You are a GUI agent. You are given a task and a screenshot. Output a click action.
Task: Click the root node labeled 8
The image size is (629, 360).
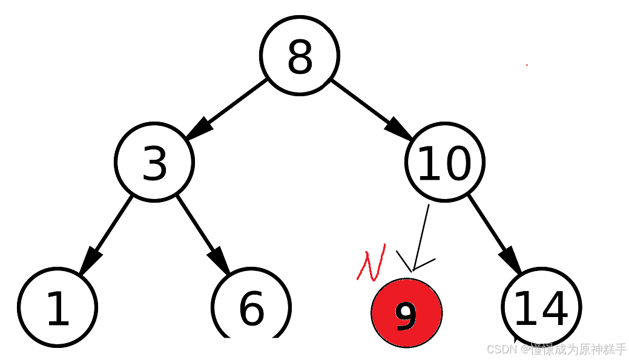pyautogui.click(x=300, y=56)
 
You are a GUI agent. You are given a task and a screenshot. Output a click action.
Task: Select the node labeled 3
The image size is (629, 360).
pyautogui.click(x=154, y=162)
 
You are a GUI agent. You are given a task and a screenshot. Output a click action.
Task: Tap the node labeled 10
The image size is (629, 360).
pyautogui.click(x=444, y=162)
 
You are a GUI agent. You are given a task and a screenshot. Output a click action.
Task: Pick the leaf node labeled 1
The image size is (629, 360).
pyautogui.click(x=58, y=307)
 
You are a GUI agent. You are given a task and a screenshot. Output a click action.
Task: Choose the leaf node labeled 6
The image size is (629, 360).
pyautogui.click(x=251, y=307)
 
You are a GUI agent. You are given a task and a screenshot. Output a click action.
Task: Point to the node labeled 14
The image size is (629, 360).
pyautogui.click(x=541, y=307)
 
